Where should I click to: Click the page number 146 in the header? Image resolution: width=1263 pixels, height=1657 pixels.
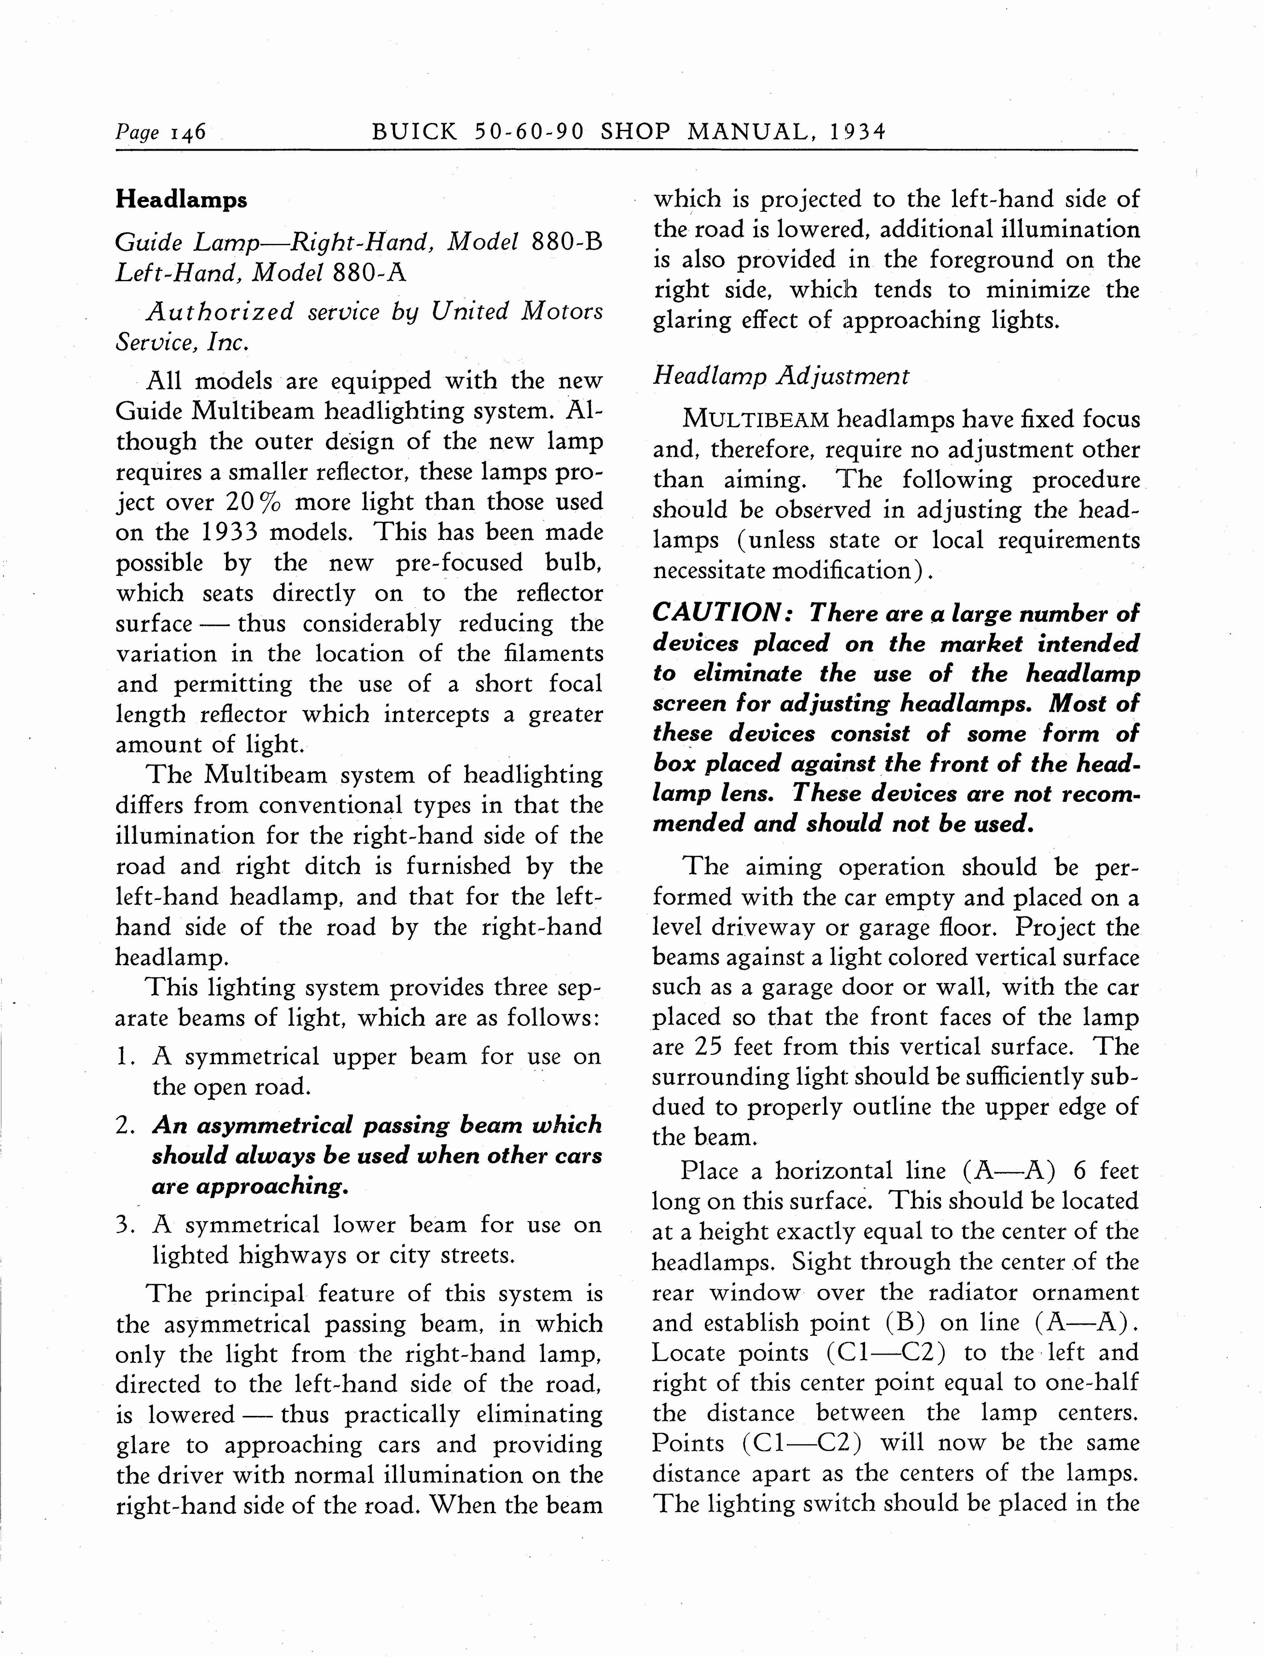pos(188,133)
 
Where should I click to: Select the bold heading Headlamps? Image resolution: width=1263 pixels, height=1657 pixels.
pos(181,200)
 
